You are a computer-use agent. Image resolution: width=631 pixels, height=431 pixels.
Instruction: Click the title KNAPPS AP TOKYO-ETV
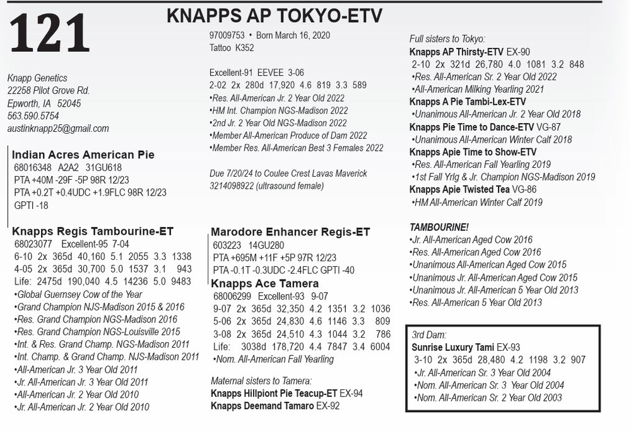pyautogui.click(x=274, y=16)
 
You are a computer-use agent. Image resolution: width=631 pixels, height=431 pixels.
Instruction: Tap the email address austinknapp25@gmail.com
pyautogui.click(x=58, y=128)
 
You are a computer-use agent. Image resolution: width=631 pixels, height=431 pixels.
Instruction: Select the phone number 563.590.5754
pyautogui.click(x=33, y=115)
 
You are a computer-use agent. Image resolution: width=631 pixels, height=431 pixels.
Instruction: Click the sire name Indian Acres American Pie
pyautogui.click(x=83, y=155)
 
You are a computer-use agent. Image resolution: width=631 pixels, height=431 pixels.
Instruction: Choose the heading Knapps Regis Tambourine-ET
pyautogui.click(x=93, y=231)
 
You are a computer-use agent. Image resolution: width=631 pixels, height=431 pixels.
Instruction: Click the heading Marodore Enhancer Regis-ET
pyautogui.click(x=290, y=232)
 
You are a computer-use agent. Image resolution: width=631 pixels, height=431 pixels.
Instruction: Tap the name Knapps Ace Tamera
pyautogui.click(x=256, y=283)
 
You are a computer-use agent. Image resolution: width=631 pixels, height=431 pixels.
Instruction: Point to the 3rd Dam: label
pyautogui.click(x=429, y=335)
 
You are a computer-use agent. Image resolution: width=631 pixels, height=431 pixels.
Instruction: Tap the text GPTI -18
pyautogui.click(x=31, y=205)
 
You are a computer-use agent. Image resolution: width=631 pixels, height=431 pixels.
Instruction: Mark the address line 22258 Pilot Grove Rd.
pyautogui.click(x=49, y=90)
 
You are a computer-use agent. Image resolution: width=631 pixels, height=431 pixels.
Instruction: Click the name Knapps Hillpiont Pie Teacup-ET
pyautogui.click(x=274, y=393)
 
